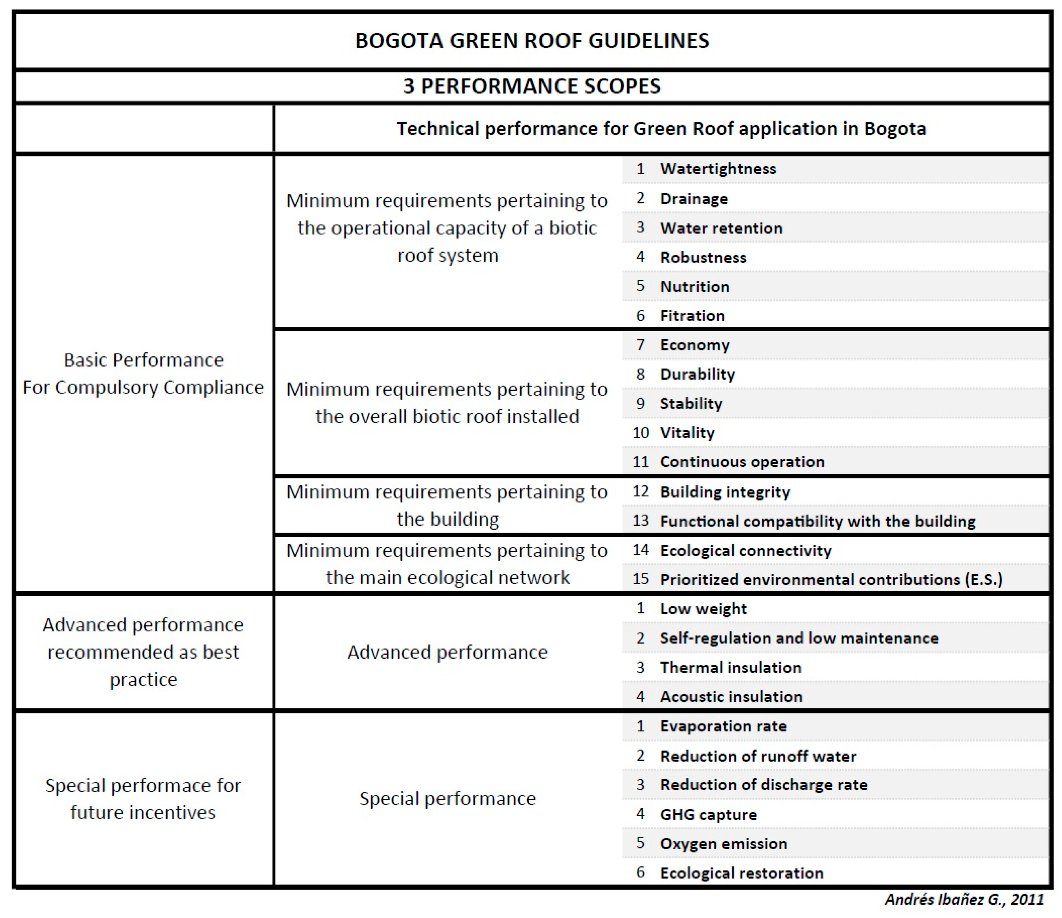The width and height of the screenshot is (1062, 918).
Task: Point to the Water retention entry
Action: tap(721, 228)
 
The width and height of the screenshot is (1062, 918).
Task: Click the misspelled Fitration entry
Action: tap(692, 316)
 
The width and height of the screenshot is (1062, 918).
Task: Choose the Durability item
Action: tap(697, 374)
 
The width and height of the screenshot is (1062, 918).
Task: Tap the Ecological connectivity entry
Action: tap(745, 550)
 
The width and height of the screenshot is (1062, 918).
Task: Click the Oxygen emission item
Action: tap(723, 844)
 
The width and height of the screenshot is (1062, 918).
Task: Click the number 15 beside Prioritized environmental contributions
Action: tap(641, 579)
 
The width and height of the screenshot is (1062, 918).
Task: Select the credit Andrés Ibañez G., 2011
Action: tap(964, 899)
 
